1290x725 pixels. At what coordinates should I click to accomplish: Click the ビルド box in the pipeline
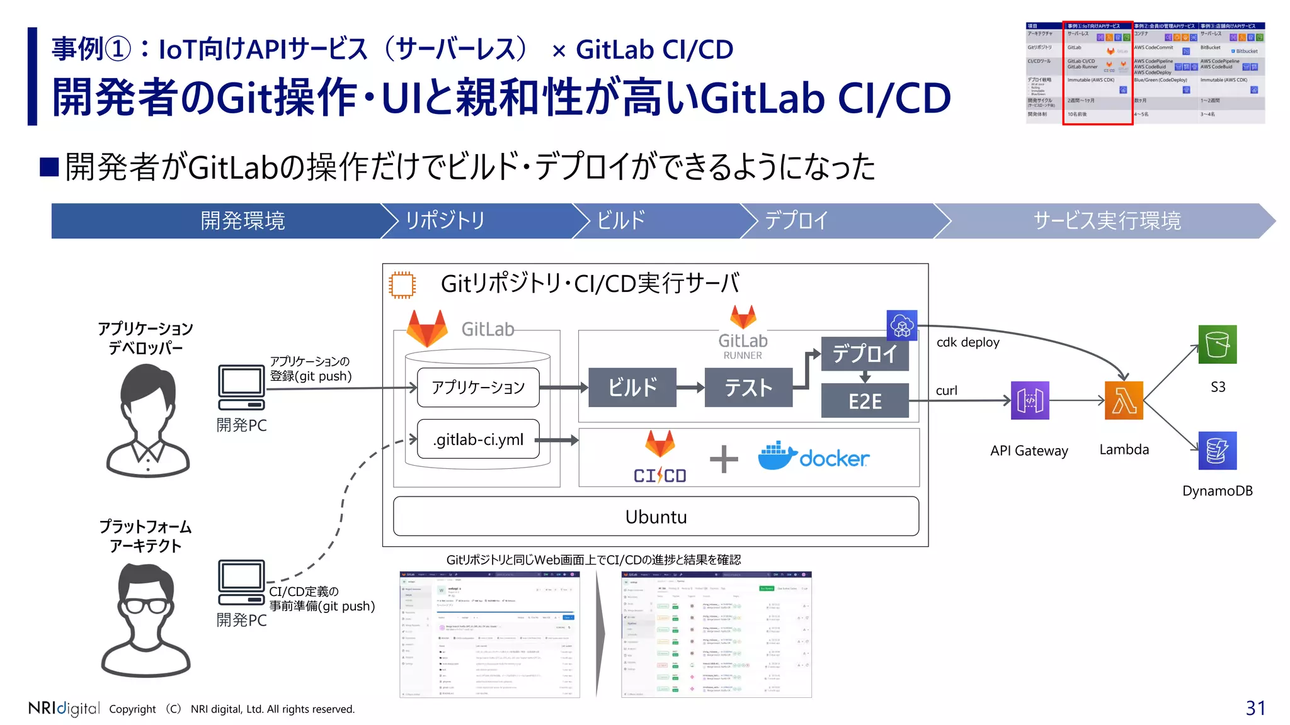(x=632, y=387)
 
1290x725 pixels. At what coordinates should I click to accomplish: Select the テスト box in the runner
(x=748, y=387)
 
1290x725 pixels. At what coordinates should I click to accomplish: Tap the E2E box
(x=864, y=401)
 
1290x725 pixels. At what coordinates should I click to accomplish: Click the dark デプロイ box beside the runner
(x=864, y=354)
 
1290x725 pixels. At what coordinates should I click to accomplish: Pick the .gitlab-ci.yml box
(x=478, y=439)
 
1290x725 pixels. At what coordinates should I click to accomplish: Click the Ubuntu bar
(x=656, y=517)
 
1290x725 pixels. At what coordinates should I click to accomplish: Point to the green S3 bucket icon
(x=1217, y=344)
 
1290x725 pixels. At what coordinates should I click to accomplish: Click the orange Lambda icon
(x=1124, y=400)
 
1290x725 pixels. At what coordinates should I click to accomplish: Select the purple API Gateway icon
(x=1030, y=400)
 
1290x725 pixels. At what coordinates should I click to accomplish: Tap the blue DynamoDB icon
(x=1217, y=451)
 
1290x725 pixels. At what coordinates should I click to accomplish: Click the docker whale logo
(x=777, y=456)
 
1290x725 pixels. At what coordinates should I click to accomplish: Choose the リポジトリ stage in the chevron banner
(x=445, y=221)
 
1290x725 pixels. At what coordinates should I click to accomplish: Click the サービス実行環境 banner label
(x=1107, y=221)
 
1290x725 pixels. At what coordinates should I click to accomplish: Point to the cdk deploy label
(x=967, y=342)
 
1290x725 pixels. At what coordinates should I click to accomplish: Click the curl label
(x=946, y=391)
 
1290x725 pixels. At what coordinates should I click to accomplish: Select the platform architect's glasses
(x=147, y=605)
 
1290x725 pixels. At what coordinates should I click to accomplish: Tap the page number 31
(x=1255, y=708)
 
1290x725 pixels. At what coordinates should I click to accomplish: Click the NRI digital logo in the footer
(x=64, y=708)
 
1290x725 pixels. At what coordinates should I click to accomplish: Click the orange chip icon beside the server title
(x=402, y=285)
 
